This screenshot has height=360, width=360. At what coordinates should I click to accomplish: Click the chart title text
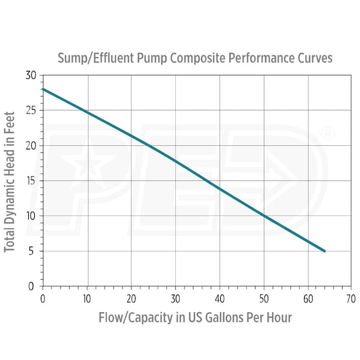194,58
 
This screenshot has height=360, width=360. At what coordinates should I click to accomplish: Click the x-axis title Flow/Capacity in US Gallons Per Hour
195,317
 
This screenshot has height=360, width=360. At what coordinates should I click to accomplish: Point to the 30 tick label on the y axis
31,76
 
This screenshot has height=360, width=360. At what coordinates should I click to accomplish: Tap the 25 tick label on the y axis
31,110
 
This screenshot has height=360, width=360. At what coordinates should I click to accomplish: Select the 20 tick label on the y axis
31,146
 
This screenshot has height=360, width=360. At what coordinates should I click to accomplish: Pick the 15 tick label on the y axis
31,181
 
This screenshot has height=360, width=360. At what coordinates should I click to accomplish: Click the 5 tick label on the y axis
33,251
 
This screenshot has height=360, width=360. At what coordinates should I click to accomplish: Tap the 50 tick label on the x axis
264,297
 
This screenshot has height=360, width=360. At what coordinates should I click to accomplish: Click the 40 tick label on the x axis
220,297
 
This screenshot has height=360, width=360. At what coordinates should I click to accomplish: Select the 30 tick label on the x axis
175,297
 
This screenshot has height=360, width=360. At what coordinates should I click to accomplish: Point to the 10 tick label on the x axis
86,297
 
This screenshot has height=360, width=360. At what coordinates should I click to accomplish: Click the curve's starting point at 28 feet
43,89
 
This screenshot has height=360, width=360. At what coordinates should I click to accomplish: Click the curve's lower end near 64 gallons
325,251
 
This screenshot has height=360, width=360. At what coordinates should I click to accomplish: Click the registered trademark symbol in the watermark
328,134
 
